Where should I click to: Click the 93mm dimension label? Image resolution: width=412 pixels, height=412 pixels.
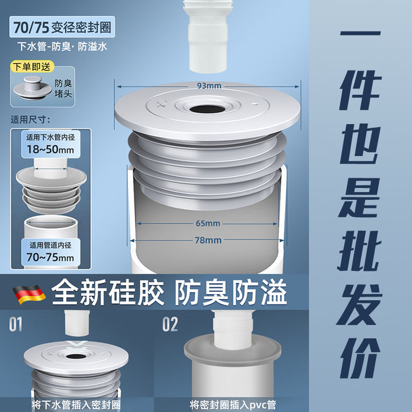coord(209,86)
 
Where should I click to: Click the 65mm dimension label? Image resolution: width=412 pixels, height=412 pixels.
coord(208,223)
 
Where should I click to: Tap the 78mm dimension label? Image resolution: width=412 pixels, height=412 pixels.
coord(208,240)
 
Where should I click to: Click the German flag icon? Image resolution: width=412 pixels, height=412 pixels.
coord(29,294)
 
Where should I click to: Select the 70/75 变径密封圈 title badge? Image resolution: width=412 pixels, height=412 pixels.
coord(62,27)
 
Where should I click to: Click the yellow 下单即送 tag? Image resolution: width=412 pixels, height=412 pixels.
coord(32,67)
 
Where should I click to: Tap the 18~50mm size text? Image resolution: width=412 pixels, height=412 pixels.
coord(50,149)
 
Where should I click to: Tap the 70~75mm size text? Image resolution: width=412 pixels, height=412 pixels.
coord(50,257)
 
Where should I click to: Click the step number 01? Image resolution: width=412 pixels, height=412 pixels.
coord(16,324)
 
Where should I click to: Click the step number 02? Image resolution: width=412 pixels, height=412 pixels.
coord(170,324)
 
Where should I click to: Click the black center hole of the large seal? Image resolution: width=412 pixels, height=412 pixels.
coord(208,109)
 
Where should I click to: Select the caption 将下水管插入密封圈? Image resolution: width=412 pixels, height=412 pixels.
coord(76,405)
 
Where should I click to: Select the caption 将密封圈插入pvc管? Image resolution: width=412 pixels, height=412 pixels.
coord(233,405)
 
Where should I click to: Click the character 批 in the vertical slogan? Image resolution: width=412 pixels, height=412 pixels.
coord(359,251)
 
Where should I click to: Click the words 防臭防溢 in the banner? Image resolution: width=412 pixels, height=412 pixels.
coord(231,292)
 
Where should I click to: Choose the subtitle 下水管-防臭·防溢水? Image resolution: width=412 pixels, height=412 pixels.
coord(62,47)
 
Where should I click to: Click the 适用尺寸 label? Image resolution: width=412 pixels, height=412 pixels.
coord(30,120)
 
